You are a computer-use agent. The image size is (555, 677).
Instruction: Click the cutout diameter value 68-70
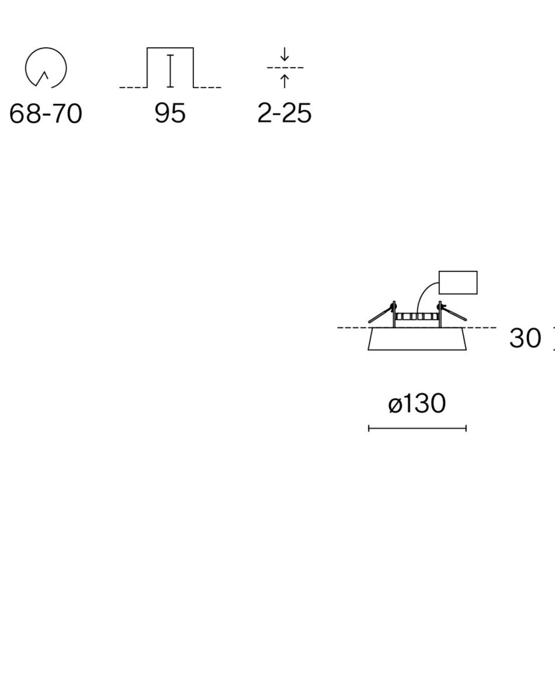coord(46,114)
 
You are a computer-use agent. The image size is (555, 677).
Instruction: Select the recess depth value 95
coord(171,114)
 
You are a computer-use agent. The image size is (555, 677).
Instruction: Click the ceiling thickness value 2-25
coord(285,114)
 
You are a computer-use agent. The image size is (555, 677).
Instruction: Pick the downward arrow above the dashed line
coord(285,54)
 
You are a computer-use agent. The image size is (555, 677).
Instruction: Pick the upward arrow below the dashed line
coord(285,81)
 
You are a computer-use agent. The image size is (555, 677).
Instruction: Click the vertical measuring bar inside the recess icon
coord(171,71)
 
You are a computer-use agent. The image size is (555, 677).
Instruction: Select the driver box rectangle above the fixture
coord(458,282)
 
